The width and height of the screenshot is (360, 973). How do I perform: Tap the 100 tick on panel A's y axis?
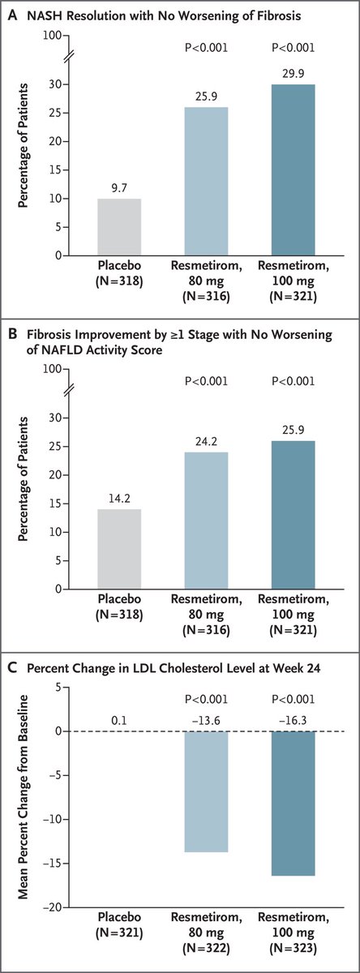click(x=53, y=36)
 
